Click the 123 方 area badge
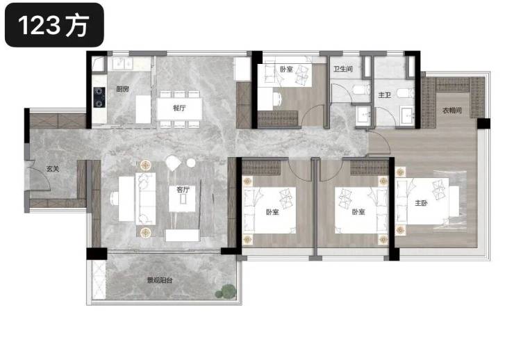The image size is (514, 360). [54, 25]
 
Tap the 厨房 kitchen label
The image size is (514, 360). [123, 89]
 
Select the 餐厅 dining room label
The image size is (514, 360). [179, 108]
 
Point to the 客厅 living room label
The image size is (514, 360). [183, 190]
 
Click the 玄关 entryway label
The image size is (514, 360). [53, 169]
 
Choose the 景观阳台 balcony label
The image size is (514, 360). [160, 280]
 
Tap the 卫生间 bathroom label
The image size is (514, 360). [343, 69]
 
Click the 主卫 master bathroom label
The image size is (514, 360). [385, 95]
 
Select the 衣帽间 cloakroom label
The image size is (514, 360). [452, 111]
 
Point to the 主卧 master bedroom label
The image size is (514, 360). [421, 203]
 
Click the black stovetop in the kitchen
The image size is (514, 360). [99, 97]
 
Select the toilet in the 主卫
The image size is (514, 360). [406, 93]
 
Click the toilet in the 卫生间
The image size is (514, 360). [361, 90]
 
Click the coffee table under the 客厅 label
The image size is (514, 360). [182, 199]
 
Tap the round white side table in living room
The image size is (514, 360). [191, 163]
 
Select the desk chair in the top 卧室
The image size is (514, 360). [277, 99]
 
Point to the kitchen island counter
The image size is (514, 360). [143, 109]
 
